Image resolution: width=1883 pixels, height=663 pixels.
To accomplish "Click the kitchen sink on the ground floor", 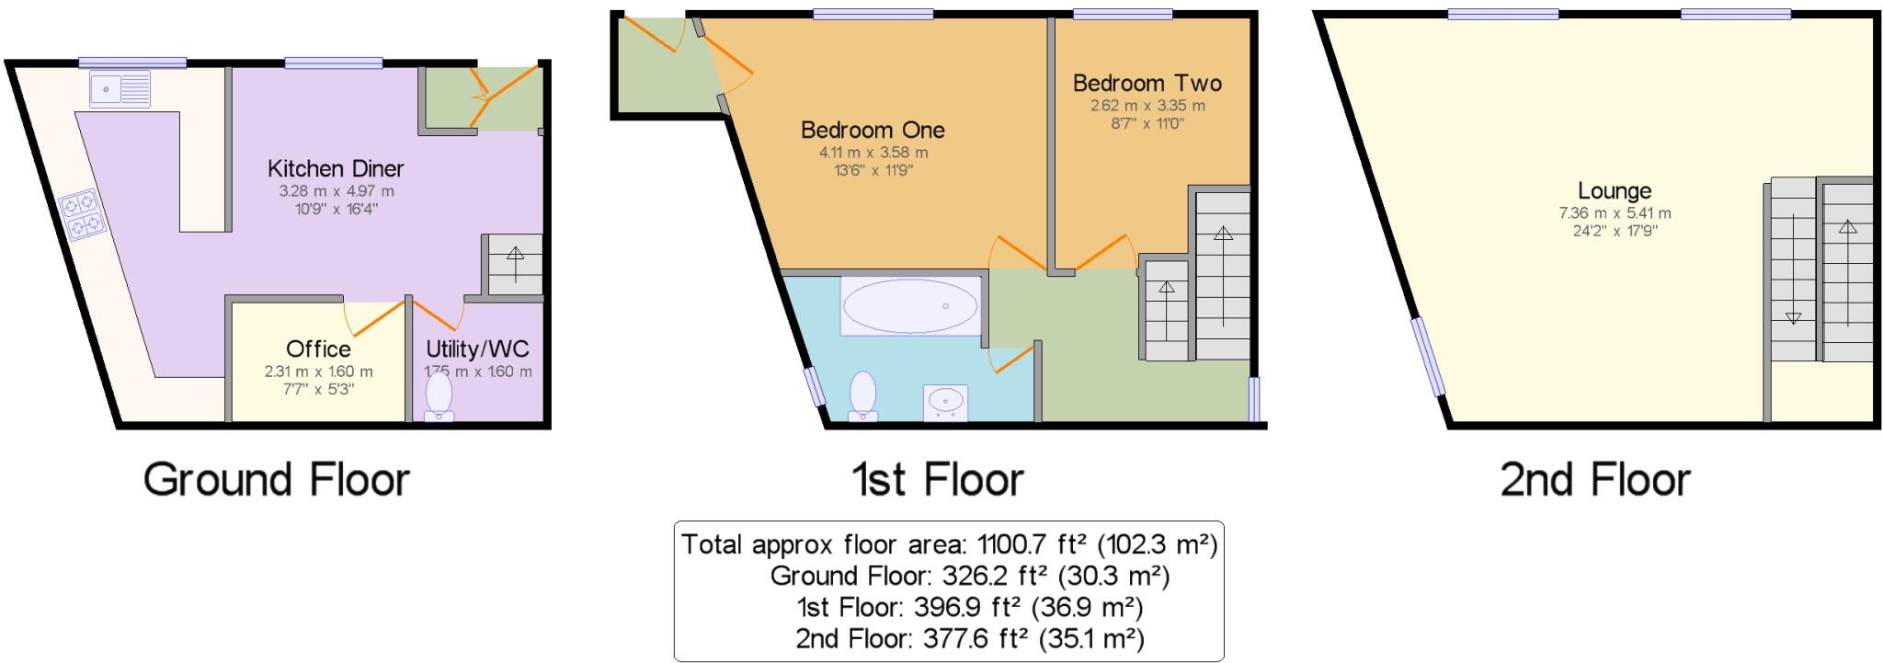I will coord(120,90).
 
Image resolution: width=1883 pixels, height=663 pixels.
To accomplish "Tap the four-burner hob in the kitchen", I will coord(82,214).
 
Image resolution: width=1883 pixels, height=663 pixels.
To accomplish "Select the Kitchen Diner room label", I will coord(336,168).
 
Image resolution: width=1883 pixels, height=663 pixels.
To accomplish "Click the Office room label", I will coord(318,349).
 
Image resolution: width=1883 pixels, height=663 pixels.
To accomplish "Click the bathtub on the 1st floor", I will coord(910,305).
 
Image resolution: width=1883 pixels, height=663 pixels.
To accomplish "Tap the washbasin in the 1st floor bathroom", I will coord(945,402).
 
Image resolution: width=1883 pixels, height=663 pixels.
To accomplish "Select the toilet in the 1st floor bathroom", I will coord(862,395).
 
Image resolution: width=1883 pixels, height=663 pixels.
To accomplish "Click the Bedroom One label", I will coord(873,130).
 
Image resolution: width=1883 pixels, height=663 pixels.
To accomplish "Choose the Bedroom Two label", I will coord(1147,83).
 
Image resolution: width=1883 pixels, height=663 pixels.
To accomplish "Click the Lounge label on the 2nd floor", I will coord(1615,191).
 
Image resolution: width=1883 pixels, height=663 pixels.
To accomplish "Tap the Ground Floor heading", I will coord(276,480).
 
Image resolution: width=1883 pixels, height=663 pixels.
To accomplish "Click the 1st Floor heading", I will coord(938,480).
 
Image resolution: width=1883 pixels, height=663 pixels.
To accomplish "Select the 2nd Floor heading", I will coord(1595,480).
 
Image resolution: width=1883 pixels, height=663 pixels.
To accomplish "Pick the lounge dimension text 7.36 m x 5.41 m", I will coord(1615,213).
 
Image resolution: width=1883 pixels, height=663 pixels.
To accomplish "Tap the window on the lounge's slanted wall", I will coord(1430,357).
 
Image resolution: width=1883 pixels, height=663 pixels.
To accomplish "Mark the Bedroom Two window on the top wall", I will coord(1123,14).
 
